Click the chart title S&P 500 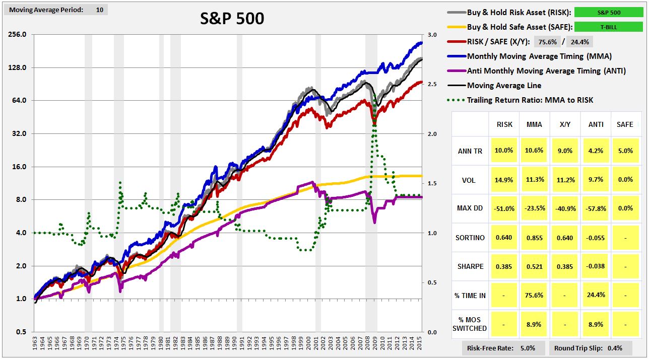pyautogui.click(x=232, y=19)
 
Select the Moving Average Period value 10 pyautogui.click(x=99, y=10)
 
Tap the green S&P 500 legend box pyautogui.click(x=609, y=13)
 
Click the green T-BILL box pyautogui.click(x=609, y=27)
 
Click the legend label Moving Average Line pyautogui.click(x=504, y=85)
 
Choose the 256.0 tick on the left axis pyautogui.click(x=17, y=35)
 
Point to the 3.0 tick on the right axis pyautogui.click(x=432, y=35)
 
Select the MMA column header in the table pyautogui.click(x=534, y=124)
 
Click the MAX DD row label pyautogui.click(x=471, y=208)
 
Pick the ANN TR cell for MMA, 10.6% pyautogui.click(x=534, y=151)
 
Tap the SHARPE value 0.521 pyautogui.click(x=534, y=266)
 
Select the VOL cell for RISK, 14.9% pyautogui.click(x=504, y=180)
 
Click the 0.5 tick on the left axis pyautogui.click(x=21, y=332)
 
